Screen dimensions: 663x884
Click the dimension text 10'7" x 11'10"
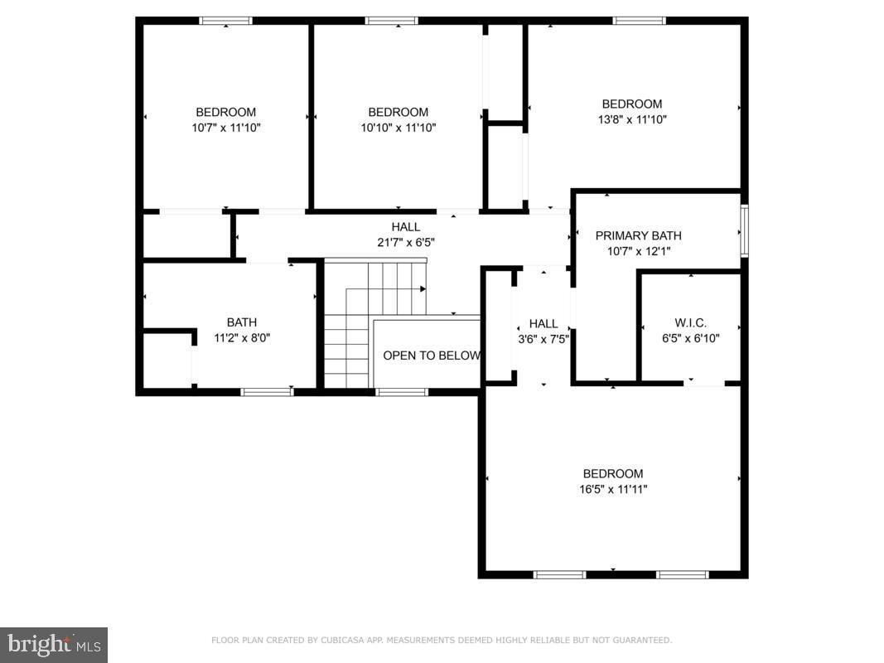point(225,128)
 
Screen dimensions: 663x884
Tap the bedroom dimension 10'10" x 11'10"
point(398,128)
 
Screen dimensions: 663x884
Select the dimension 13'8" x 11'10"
point(631,119)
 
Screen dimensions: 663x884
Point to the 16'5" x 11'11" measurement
point(612,489)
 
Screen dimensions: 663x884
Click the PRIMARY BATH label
point(638,235)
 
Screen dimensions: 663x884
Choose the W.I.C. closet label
point(690,322)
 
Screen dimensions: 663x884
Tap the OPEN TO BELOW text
point(431,356)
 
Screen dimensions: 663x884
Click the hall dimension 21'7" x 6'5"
point(406,242)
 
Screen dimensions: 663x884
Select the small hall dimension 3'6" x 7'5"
point(543,339)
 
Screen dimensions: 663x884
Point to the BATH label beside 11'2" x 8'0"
point(242,322)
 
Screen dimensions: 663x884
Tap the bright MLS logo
point(54,644)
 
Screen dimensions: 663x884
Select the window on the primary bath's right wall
point(744,230)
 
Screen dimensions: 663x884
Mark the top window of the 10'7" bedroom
point(225,21)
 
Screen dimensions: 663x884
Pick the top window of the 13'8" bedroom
point(639,21)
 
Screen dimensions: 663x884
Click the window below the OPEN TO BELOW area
point(402,392)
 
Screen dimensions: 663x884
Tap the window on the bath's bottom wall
point(266,392)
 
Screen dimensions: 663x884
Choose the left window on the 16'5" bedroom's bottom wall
point(560,574)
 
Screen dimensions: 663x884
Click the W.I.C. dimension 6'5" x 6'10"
point(690,338)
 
